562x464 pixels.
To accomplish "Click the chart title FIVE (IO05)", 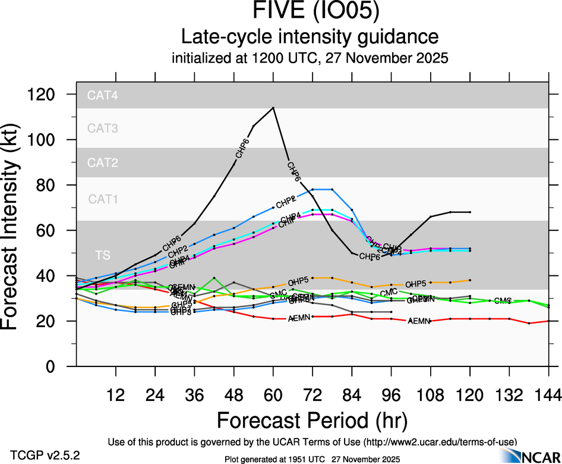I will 312,12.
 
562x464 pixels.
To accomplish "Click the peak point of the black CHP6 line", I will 273,108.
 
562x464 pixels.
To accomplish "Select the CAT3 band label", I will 103,128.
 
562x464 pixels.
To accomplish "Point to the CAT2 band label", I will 103,162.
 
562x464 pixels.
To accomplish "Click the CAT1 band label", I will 103,199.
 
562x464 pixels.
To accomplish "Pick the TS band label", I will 103,255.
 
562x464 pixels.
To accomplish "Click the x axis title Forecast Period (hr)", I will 312,420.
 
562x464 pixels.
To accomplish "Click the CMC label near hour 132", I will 503,301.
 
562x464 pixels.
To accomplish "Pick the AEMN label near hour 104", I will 419,321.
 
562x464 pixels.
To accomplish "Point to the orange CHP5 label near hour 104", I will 416,284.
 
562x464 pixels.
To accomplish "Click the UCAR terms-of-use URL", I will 441,441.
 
